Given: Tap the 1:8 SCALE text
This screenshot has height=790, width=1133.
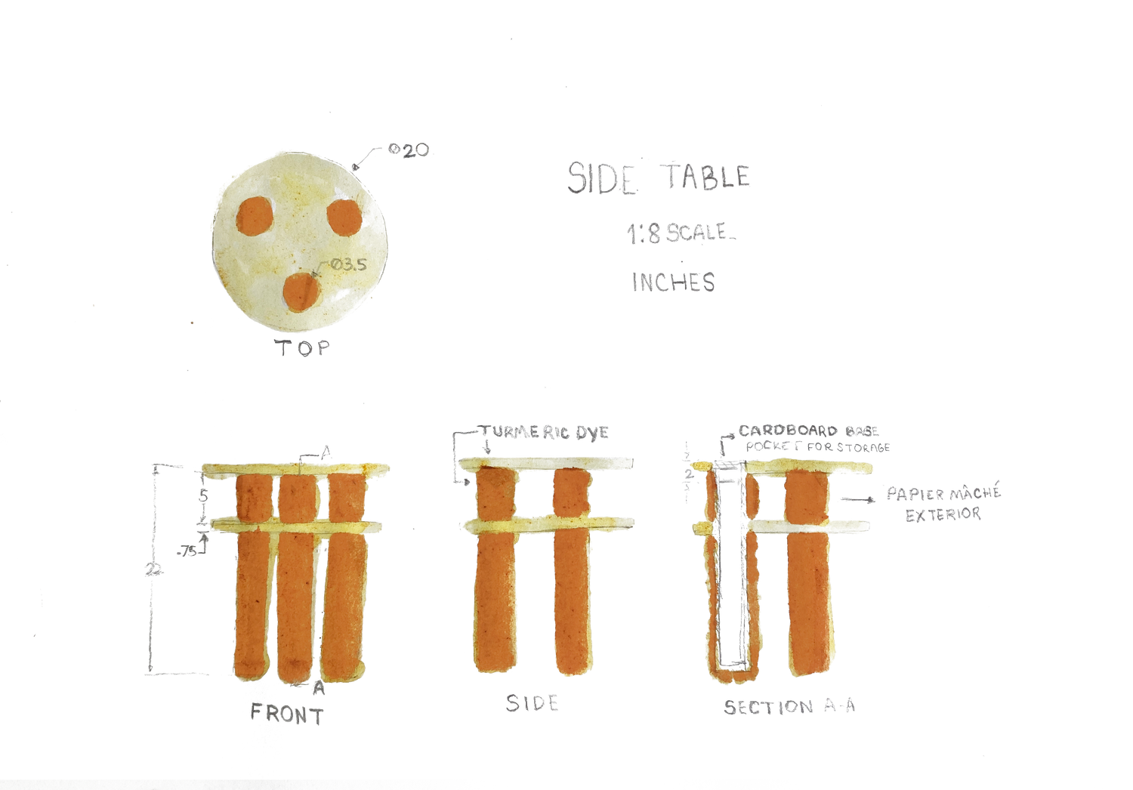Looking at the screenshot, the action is pos(678,233).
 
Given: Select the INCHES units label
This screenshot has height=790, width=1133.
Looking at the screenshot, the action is pos(673,282).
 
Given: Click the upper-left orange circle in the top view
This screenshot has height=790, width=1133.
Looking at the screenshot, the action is pos(253,217).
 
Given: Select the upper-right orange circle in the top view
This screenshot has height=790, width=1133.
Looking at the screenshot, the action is pos(344,217).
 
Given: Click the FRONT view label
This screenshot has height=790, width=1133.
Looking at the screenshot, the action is pos(287,714).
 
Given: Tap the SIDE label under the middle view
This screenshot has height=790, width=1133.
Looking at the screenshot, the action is pos(533,704).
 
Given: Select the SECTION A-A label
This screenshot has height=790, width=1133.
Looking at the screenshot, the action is pos(789,707).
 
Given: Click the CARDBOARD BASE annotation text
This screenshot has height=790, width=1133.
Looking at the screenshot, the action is pos(807,430).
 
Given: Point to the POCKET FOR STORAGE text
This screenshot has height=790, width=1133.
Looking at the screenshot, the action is pos(818,447).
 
